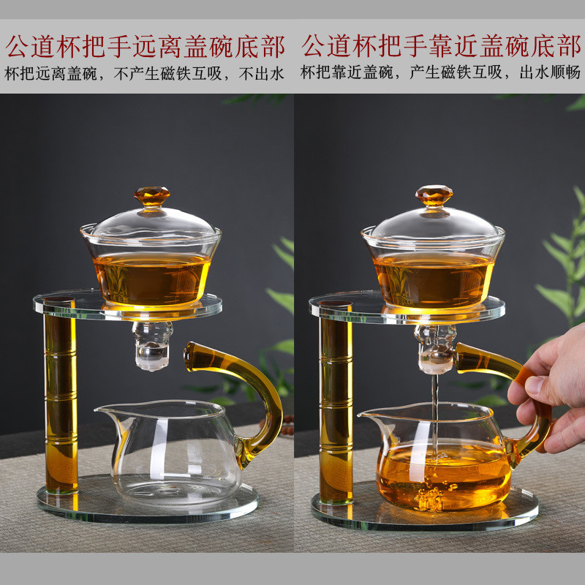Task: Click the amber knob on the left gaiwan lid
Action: coord(152,196)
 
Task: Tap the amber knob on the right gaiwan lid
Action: coord(434,195)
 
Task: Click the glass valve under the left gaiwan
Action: coord(152,346)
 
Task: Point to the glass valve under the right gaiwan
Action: coord(435,349)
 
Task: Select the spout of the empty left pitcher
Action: coord(108,412)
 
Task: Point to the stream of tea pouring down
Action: coord(434,414)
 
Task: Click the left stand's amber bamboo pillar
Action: coord(61,396)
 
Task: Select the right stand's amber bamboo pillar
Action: coord(336,402)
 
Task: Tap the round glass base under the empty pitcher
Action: coord(148,502)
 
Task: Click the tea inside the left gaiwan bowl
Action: coord(151,278)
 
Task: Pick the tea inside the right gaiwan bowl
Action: coord(433,281)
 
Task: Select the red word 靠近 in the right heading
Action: coord(454,46)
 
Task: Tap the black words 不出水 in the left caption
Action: coord(262,74)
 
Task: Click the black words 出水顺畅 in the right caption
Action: coord(550,72)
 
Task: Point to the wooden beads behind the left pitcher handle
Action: coord(287,426)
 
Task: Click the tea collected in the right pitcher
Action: coord(444,476)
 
